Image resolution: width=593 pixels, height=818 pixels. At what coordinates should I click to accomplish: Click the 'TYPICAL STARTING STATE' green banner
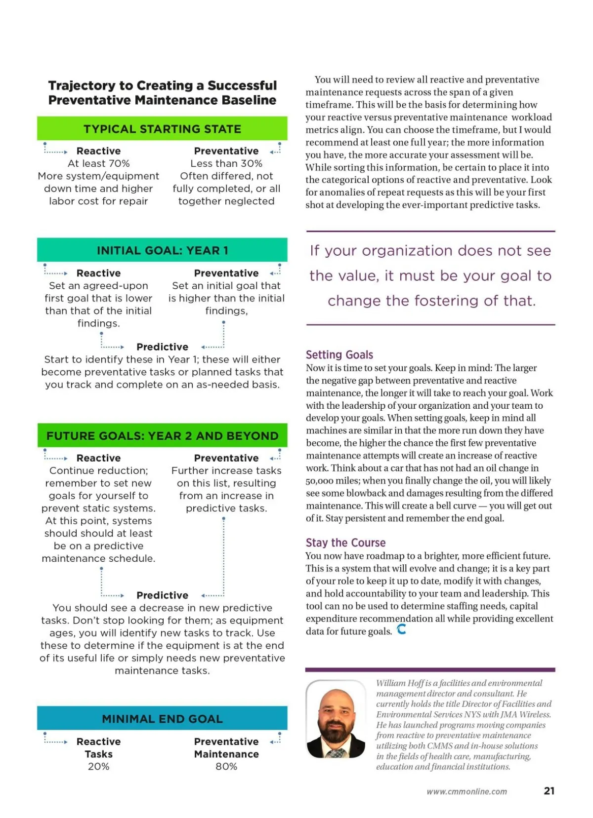click(x=162, y=129)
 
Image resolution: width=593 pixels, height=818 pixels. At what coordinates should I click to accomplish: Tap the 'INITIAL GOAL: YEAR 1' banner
click(x=162, y=250)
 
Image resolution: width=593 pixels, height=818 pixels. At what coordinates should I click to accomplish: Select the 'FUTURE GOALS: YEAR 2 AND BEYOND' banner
click(x=162, y=436)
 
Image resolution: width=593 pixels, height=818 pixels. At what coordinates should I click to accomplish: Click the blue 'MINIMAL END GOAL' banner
click(x=162, y=719)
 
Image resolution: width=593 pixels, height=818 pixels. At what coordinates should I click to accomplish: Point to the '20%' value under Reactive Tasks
click(x=98, y=767)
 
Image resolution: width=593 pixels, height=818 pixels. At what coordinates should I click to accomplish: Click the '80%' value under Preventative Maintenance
click(x=226, y=767)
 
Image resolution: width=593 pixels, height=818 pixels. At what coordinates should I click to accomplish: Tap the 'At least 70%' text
click(x=98, y=163)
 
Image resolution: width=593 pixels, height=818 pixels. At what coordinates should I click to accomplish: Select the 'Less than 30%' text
click(x=226, y=163)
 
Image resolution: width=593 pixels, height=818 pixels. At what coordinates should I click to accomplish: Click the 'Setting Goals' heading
click(x=339, y=354)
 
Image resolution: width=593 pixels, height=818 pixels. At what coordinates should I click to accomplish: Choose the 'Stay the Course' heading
click(x=345, y=543)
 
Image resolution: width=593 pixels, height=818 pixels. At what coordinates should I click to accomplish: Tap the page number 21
click(x=549, y=791)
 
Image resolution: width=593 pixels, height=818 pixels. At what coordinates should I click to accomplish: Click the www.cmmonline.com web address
click(x=466, y=791)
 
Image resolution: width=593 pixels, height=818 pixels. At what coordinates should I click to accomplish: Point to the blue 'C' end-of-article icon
click(x=402, y=629)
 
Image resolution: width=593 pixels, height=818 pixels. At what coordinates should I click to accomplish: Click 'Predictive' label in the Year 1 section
click(x=162, y=347)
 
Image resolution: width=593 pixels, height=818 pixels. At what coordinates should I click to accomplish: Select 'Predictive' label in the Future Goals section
click(x=162, y=595)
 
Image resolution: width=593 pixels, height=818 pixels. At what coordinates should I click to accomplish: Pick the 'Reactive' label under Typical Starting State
click(x=98, y=151)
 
